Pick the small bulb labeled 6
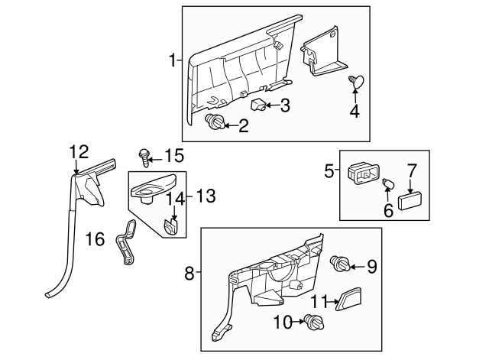[x=387, y=183]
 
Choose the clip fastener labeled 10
[x=313, y=322]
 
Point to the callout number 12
[x=79, y=151]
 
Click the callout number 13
[x=206, y=196]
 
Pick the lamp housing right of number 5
[x=361, y=174]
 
